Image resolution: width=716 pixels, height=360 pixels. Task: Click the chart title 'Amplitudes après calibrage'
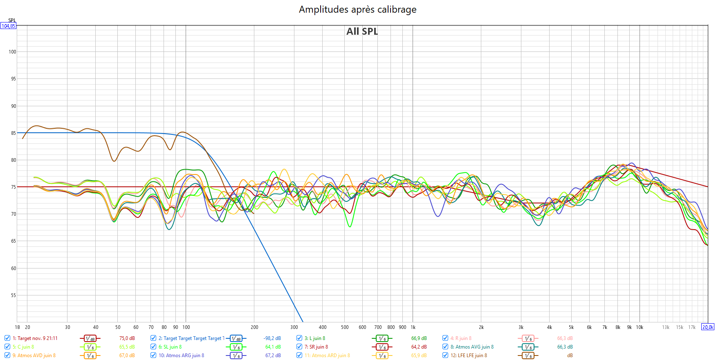coord(357,9)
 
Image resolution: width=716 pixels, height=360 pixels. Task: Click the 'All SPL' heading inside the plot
coord(362,31)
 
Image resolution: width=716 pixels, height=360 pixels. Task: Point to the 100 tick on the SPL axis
coord(12,52)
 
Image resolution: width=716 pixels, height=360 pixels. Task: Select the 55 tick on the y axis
coord(13,295)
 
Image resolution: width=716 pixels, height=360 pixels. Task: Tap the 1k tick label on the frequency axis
coord(413,327)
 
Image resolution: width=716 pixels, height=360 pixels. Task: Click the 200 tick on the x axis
coord(254,327)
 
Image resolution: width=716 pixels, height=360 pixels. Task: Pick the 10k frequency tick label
coord(640,327)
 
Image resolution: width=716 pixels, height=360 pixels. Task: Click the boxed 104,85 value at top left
coord(8,26)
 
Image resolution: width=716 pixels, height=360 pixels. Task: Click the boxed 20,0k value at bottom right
coord(708,327)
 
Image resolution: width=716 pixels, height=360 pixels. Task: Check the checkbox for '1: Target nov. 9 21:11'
coord(7,338)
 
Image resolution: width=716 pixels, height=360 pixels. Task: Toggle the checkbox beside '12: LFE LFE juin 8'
coord(445,355)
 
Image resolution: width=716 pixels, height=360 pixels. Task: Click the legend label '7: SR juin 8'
coord(316,347)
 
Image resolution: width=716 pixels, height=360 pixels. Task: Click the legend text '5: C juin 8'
coord(23,347)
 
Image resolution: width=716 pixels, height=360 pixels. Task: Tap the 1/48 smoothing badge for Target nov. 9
coord(90,338)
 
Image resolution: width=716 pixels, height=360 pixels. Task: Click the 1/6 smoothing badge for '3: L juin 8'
coord(382,338)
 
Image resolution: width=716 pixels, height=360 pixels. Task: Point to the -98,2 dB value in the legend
coord(272,338)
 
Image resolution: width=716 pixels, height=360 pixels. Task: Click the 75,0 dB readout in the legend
coord(127,338)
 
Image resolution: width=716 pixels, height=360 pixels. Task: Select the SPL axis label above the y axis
coord(12,20)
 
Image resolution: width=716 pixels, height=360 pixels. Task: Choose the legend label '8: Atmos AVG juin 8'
coord(472,347)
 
